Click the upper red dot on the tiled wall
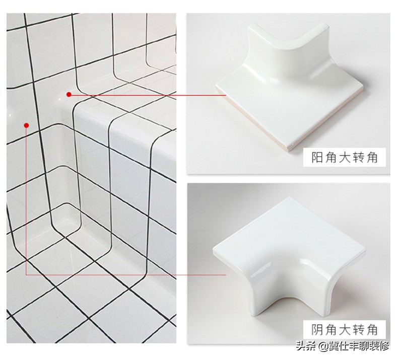[69, 94]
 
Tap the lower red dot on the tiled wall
[26, 125]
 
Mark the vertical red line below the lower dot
[26, 201]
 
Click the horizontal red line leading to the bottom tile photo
[126, 275]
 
